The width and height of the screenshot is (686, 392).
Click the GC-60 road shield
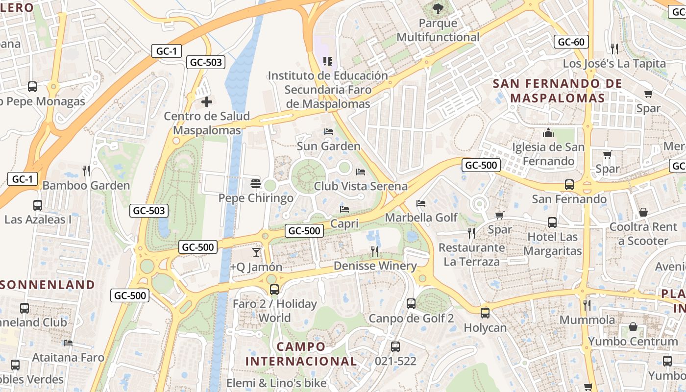(x=571, y=42)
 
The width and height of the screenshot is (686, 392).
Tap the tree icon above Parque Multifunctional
(x=438, y=8)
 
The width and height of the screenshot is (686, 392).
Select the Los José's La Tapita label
(x=614, y=64)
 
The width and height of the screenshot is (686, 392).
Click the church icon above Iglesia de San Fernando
(x=548, y=133)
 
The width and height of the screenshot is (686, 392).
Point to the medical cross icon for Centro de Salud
(x=207, y=102)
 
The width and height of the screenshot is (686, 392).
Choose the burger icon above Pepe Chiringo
(x=255, y=184)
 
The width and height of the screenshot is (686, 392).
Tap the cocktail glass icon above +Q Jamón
(x=256, y=252)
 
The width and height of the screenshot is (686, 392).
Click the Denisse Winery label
(x=375, y=266)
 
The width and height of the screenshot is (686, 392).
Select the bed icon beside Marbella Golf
(x=421, y=203)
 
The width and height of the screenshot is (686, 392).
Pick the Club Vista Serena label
(x=361, y=186)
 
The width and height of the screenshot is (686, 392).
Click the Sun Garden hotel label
(x=328, y=146)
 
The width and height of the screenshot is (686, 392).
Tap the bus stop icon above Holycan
(x=485, y=313)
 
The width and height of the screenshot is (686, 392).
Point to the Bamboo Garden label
(x=86, y=186)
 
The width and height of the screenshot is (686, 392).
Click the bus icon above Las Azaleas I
(x=38, y=205)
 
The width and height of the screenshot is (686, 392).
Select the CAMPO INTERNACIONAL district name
(x=301, y=354)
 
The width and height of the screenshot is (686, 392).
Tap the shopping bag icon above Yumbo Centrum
(x=633, y=327)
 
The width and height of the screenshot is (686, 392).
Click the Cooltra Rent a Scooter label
(x=643, y=234)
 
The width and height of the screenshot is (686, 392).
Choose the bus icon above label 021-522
(x=395, y=347)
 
